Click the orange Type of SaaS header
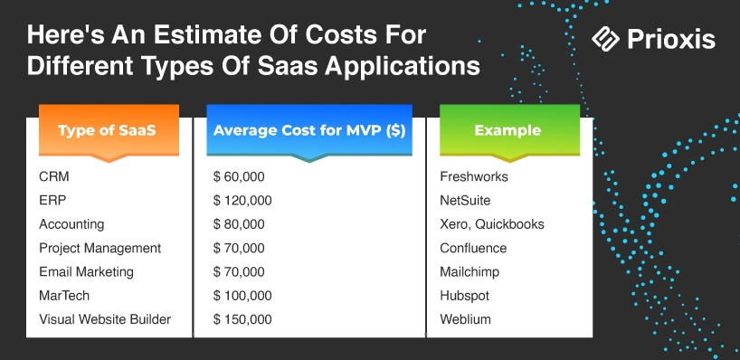tap(109, 130)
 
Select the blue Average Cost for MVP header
tap(309, 130)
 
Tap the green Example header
tap(509, 130)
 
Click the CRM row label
tap(53, 177)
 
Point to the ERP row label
tap(52, 201)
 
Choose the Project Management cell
tap(100, 248)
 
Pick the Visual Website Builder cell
tap(105, 319)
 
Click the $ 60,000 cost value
tap(239, 177)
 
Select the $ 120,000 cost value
tap(242, 201)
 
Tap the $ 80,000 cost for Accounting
tap(239, 224)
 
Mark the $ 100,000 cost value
tap(242, 296)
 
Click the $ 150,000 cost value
tap(242, 319)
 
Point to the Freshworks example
tap(474, 177)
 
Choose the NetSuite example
tap(465, 201)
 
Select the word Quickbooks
tap(509, 224)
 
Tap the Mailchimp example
tap(470, 272)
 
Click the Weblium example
tap(465, 319)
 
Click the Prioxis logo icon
tap(605, 39)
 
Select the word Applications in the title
tap(402, 67)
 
